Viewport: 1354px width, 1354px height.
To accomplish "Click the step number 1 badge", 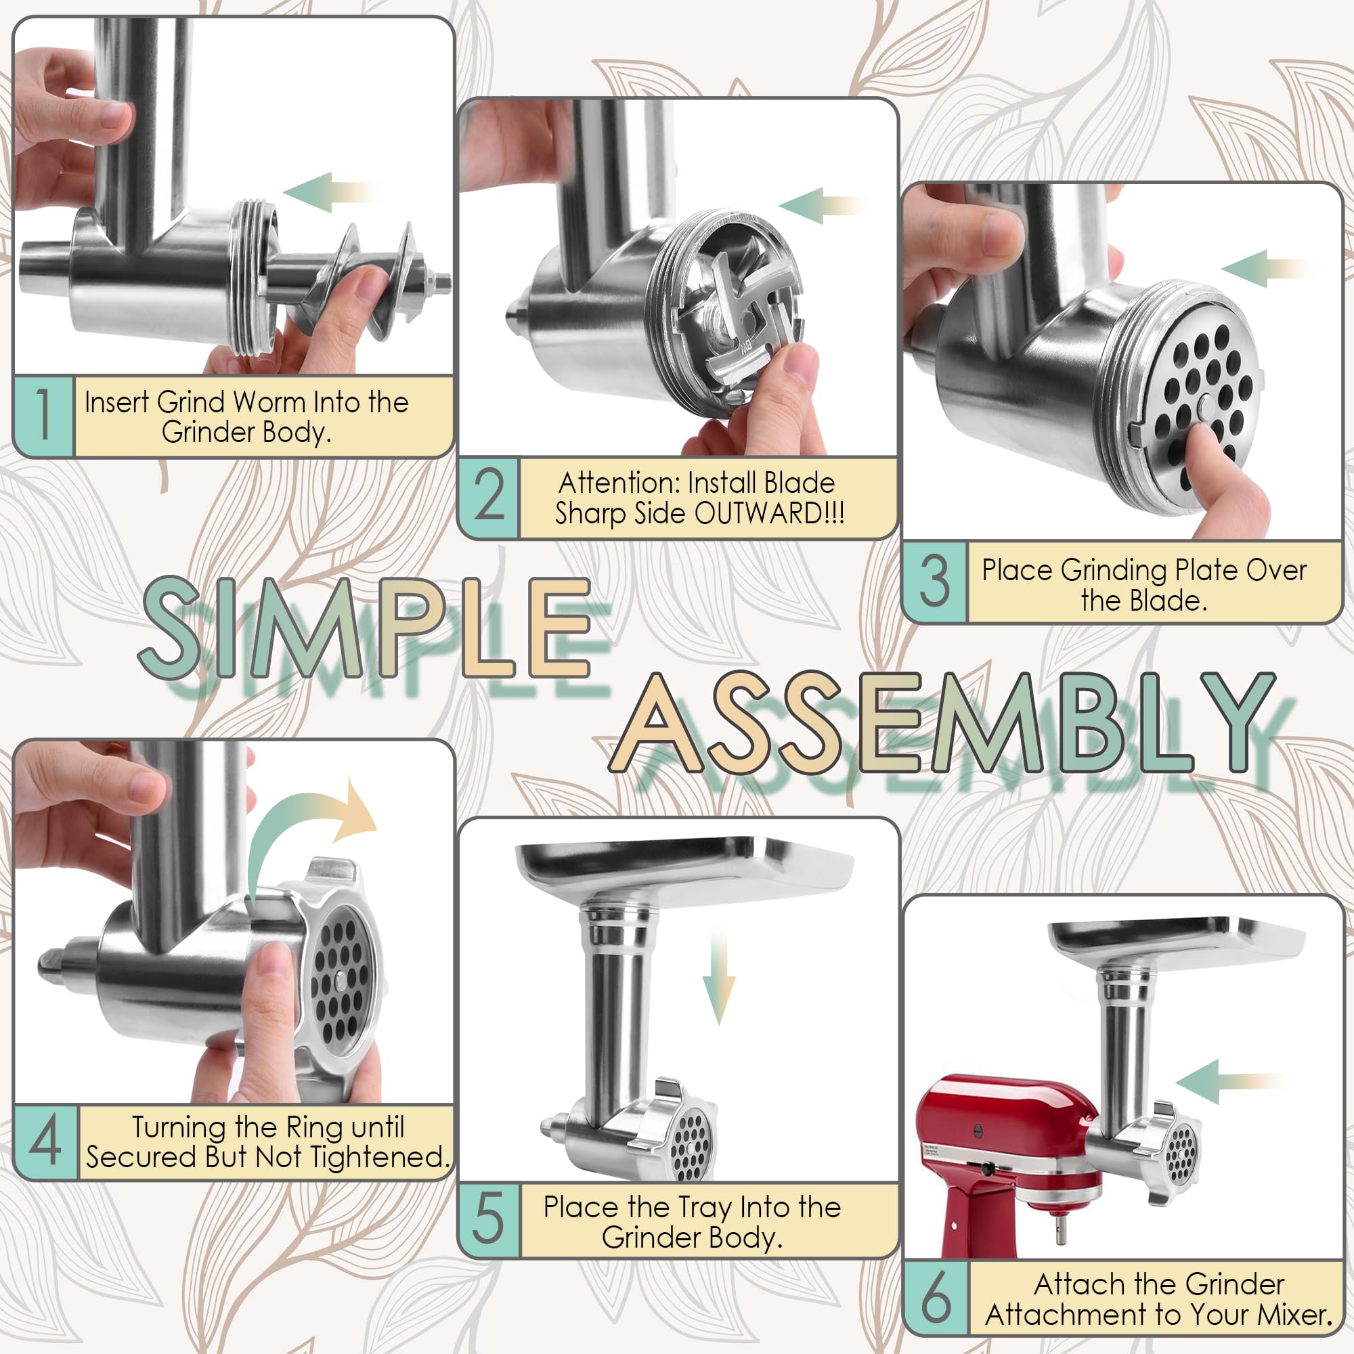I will tap(43, 416).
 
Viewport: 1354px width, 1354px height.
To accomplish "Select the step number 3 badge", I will tap(934, 581).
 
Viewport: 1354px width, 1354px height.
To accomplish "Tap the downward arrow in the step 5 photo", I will tap(718, 981).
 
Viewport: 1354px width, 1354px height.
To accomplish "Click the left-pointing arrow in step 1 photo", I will tap(330, 192).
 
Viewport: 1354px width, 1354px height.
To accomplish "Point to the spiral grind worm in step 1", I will tap(364, 280).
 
